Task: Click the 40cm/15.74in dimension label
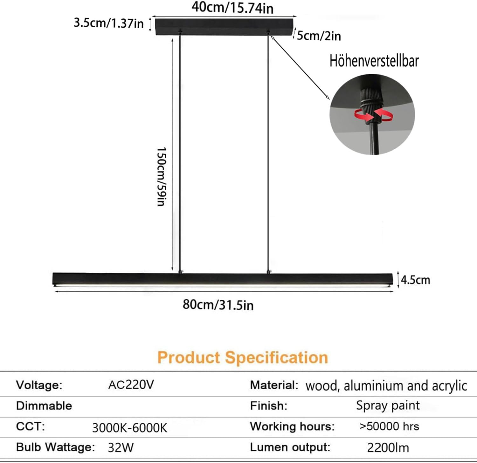pos(232,8)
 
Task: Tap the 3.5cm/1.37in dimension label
pos(108,23)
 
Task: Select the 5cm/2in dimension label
pos(319,36)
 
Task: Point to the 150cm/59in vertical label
pos(162,176)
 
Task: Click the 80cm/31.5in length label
pos(218,305)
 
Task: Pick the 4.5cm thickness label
pos(415,280)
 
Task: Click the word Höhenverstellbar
pos(374,61)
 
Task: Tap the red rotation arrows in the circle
pos(374,115)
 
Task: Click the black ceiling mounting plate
pos(224,26)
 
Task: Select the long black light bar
pos(223,279)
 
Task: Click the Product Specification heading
pos(243,357)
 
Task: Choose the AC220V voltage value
pos(131,385)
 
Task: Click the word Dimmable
pos(44,406)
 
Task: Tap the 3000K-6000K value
pos(129,428)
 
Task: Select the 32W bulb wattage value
pos(121,447)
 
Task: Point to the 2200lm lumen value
pos(388,447)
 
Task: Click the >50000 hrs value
pos(389,426)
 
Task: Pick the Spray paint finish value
pos(388,405)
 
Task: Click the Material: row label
pos(274,385)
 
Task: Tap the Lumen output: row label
pos(290,447)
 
